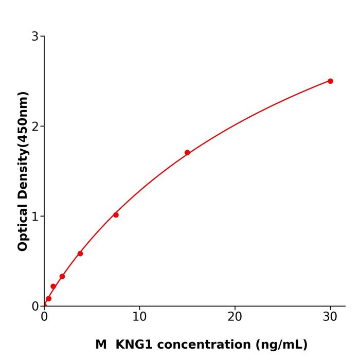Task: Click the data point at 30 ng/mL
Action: click(330, 81)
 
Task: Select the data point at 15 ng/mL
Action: click(187, 153)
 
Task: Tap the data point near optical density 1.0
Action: click(116, 215)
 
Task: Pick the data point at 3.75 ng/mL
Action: click(80, 254)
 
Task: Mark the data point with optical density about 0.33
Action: click(62, 276)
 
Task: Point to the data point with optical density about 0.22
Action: click(53, 286)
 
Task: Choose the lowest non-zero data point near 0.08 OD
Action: click(49, 298)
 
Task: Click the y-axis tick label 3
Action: click(35, 37)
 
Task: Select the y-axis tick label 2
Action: click(35, 127)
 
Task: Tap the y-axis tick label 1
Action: click(35, 217)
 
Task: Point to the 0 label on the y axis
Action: click(35, 307)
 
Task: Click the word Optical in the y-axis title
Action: click(23, 227)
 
